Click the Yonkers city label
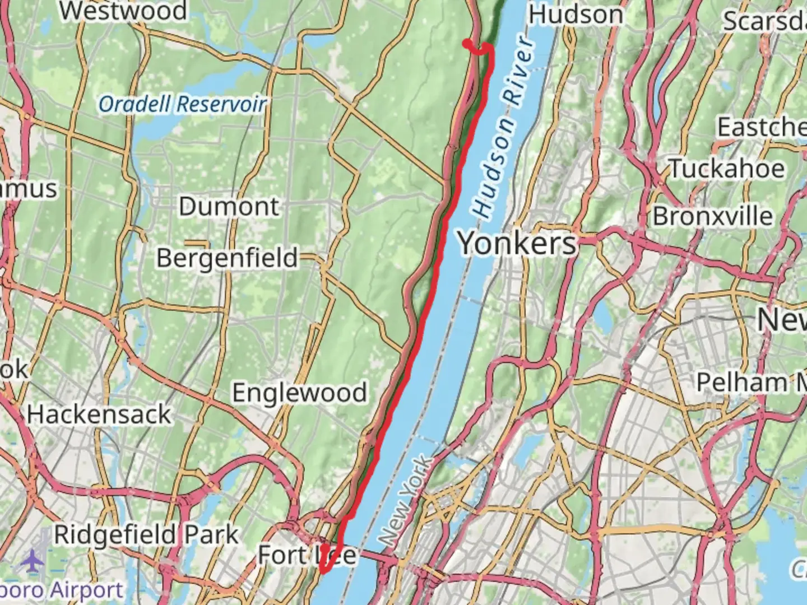click(517, 244)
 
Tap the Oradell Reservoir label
click(182, 104)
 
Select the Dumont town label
click(229, 207)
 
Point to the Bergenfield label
click(227, 258)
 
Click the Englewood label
click(299, 393)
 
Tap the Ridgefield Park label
click(146, 535)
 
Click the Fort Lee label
click(307, 555)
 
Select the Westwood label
click(123, 11)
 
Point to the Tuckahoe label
click(727, 169)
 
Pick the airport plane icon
click(34, 560)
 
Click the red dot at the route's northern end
click(466, 43)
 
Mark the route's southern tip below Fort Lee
click(323, 571)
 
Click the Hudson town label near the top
click(576, 15)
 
